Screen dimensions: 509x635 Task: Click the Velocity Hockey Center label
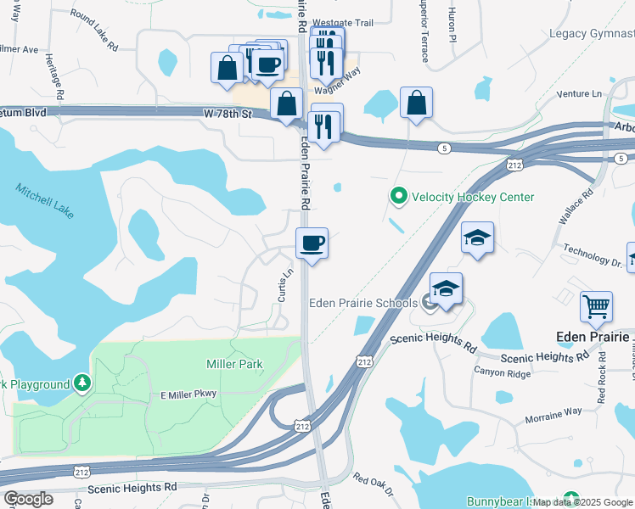click(x=473, y=197)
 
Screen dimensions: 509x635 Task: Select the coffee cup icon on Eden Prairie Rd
click(x=312, y=243)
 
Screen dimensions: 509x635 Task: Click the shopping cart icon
click(x=597, y=306)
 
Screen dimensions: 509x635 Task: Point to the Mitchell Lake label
click(x=44, y=199)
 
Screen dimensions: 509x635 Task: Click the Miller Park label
click(x=234, y=364)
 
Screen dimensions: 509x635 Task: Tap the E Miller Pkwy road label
click(x=189, y=394)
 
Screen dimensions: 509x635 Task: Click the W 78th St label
click(x=228, y=114)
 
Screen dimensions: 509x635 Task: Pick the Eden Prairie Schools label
click(x=362, y=303)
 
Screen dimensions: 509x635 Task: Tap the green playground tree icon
click(x=81, y=383)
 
